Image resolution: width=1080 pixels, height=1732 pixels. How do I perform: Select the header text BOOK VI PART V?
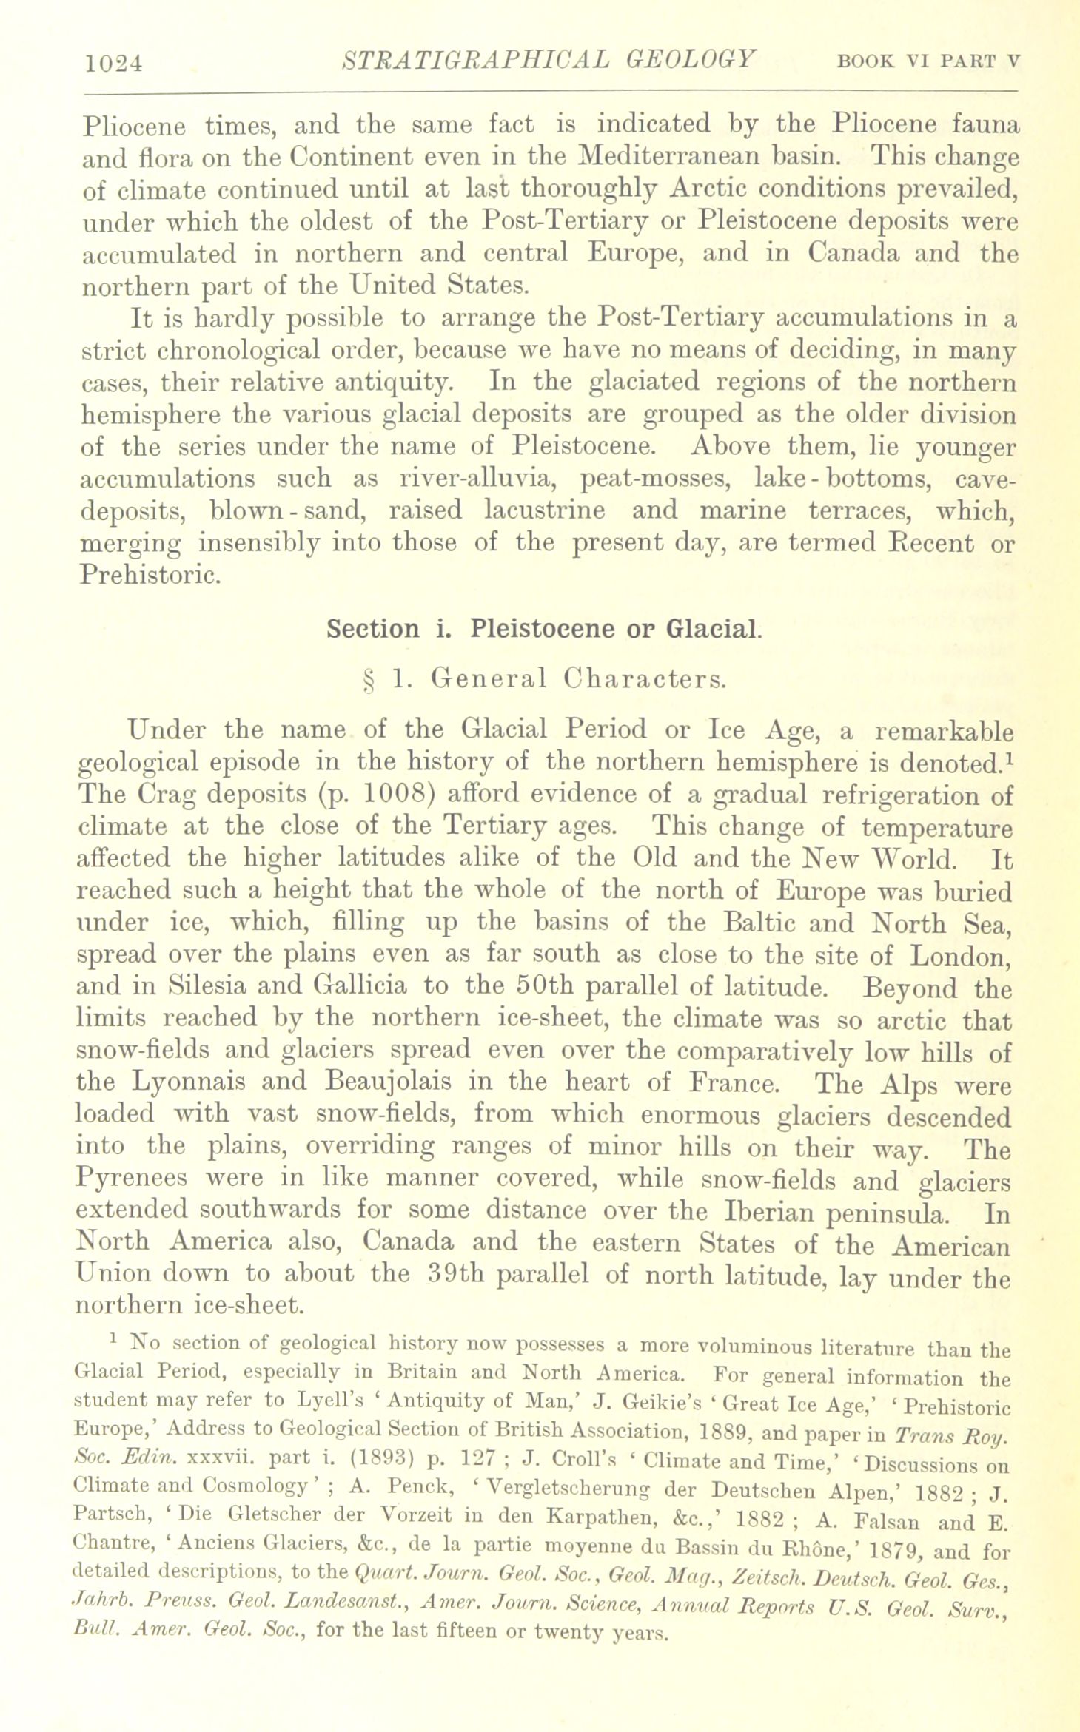pyautogui.click(x=928, y=62)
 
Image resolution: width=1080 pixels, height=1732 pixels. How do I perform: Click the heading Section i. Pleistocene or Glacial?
pyautogui.click(x=543, y=629)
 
